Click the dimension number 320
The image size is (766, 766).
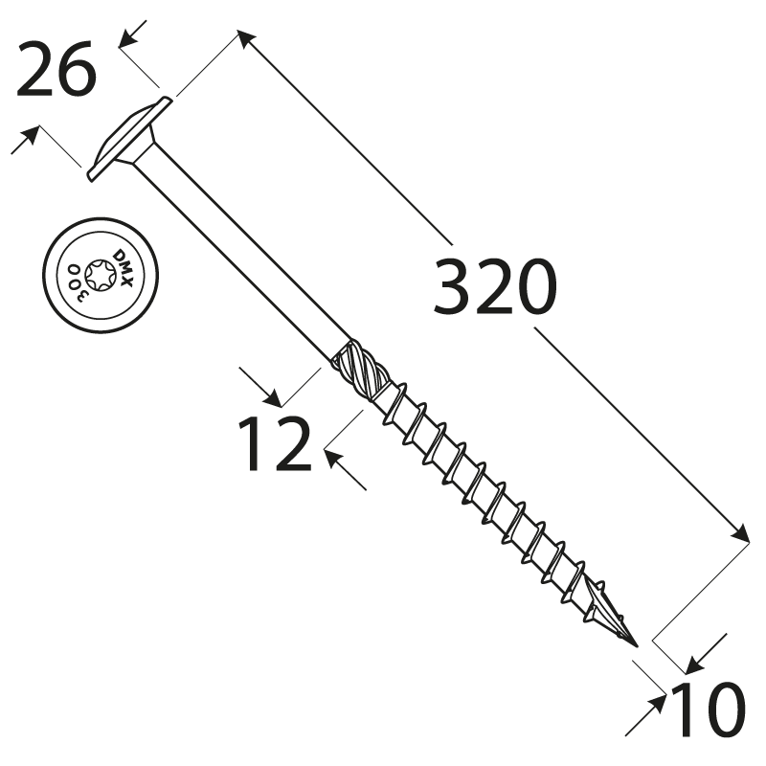pyautogui.click(x=494, y=287)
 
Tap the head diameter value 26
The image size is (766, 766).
pyautogui.click(x=56, y=73)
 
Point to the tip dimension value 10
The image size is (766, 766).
pyautogui.click(x=709, y=710)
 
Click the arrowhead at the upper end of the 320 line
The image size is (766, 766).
pyautogui.click(x=244, y=38)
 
